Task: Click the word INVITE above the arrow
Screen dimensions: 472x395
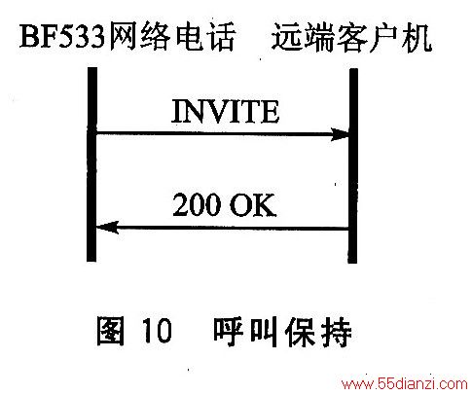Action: pyautogui.click(x=225, y=111)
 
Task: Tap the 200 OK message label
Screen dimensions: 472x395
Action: pyautogui.click(x=225, y=204)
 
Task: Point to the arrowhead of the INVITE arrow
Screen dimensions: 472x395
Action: pyautogui.click(x=340, y=134)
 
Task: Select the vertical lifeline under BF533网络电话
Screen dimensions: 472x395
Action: pyautogui.click(x=91, y=164)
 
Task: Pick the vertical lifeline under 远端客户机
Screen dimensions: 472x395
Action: pyautogui.click(x=353, y=165)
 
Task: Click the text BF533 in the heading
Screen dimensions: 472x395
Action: pyautogui.click(x=62, y=37)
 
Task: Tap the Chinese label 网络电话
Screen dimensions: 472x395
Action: pyautogui.click(x=171, y=36)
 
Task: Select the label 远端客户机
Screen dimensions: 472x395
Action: pyautogui.click(x=351, y=38)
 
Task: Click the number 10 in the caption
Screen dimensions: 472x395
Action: pyautogui.click(x=157, y=330)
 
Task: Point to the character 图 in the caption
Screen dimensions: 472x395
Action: pyautogui.click(x=111, y=330)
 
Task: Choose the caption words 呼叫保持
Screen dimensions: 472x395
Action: pyautogui.click(x=282, y=332)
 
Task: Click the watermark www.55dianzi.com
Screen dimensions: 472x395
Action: pyautogui.click(x=405, y=384)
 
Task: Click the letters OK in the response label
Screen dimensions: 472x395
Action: pyautogui.click(x=253, y=205)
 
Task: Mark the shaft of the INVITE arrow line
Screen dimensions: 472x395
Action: pyautogui.click(x=213, y=133)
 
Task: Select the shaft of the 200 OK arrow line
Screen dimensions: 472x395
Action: pyautogui.click(x=233, y=228)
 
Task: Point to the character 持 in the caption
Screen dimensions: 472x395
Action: pyautogui.click(x=337, y=332)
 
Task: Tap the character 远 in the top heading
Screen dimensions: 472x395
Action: pyautogui.click(x=286, y=38)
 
